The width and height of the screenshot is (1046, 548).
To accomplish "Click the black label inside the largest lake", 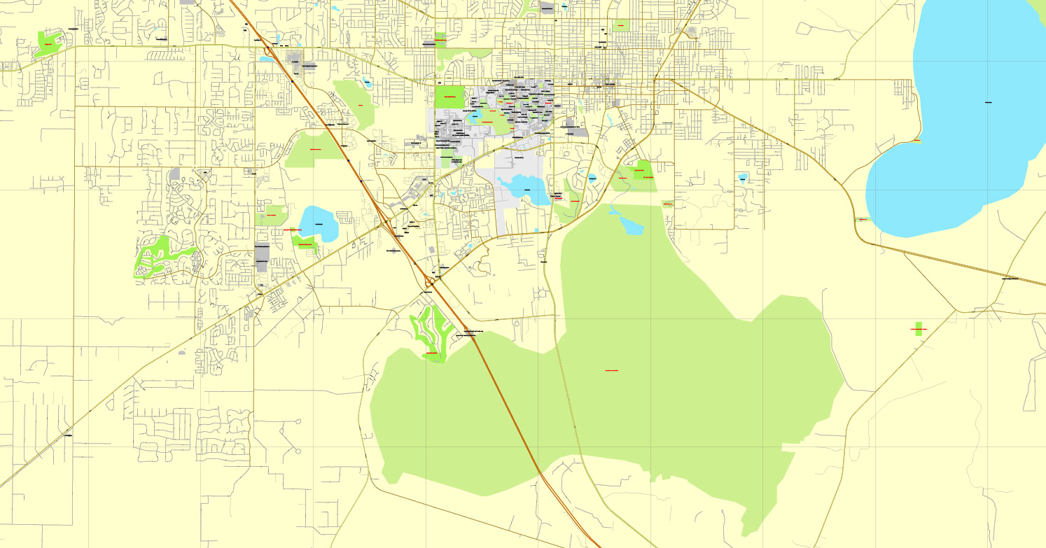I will click(x=989, y=104).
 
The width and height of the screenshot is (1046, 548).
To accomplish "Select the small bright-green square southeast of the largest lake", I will click(x=919, y=328).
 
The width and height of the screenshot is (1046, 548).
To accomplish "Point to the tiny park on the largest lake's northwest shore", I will click(x=916, y=141).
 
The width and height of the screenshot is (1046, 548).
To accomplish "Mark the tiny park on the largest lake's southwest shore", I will click(x=863, y=220).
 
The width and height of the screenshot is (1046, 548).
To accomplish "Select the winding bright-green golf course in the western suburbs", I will click(x=158, y=255).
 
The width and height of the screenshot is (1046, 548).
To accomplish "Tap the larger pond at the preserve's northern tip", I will click(x=630, y=225).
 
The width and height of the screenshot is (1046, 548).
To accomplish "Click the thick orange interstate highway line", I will click(x=504, y=392).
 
